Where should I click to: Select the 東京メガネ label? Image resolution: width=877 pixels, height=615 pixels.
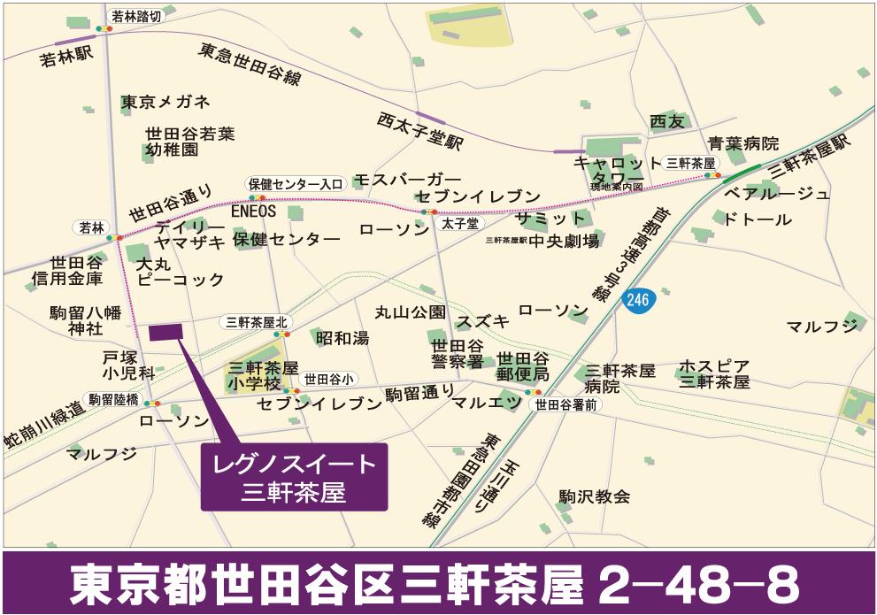click(x=165, y=101)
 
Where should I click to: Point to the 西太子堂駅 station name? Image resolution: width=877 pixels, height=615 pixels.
click(x=420, y=130)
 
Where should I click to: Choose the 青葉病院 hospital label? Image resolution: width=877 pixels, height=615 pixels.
click(x=743, y=142)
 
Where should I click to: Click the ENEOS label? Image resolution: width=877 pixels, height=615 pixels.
click(x=254, y=212)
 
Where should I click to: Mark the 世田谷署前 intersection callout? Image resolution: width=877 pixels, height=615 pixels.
click(x=567, y=404)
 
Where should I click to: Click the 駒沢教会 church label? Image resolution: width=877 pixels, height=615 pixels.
click(x=595, y=496)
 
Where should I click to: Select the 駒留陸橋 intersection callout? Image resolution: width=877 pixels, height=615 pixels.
click(x=113, y=400)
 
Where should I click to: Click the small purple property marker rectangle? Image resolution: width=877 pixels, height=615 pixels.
click(x=166, y=332)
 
